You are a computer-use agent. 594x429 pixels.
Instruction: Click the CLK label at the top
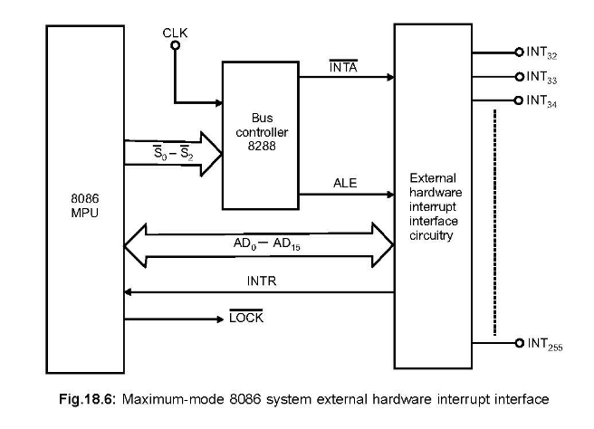[174, 33]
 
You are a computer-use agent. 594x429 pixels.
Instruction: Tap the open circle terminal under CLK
[174, 44]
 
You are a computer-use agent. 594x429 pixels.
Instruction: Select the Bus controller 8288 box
[260, 134]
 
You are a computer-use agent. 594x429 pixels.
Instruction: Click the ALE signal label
[346, 183]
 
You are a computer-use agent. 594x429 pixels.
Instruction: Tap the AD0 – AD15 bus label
[261, 243]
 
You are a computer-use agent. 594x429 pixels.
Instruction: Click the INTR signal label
[261, 281]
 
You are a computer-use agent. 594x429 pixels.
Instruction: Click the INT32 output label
[542, 53]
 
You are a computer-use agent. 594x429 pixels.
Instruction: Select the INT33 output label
[542, 77]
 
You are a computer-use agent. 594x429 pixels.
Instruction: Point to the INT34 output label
[542, 100]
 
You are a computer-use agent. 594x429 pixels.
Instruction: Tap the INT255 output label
[545, 344]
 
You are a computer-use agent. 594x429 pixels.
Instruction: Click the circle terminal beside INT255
[520, 343]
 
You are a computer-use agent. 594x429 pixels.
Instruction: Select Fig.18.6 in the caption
[101, 397]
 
